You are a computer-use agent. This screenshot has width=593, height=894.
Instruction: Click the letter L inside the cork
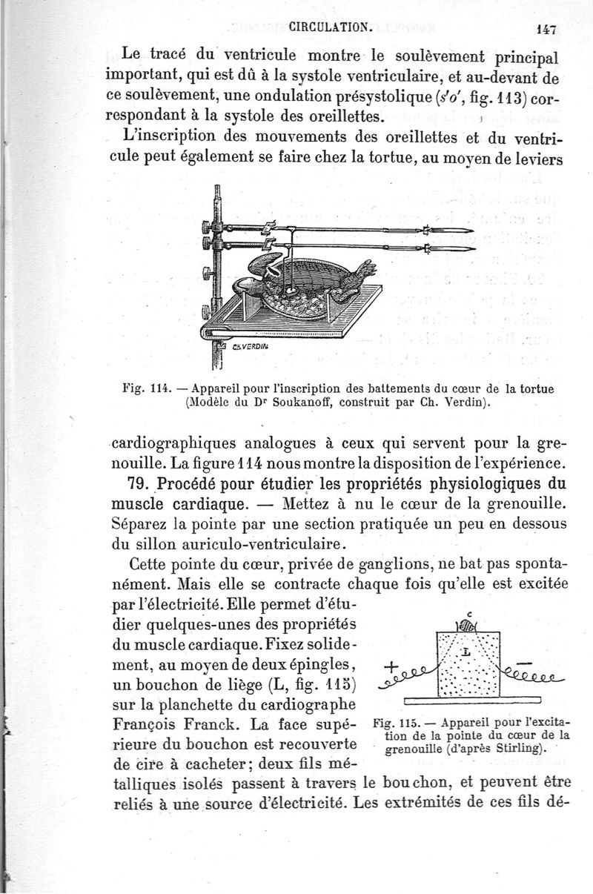click(x=466, y=652)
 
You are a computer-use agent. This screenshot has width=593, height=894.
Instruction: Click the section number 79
click(x=140, y=486)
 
